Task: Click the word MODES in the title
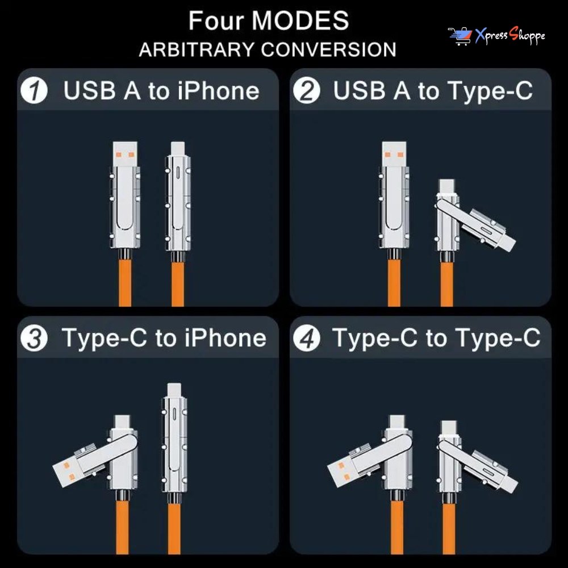pos(300,20)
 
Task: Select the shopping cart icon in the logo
pos(460,36)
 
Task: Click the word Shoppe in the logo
pos(527,35)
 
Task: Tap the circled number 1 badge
pos(34,90)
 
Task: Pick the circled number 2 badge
pos(307,90)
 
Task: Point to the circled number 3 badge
pos(34,339)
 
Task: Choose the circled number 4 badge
pos(307,339)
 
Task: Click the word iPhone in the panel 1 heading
pos(219,90)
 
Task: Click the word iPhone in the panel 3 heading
pos(225,339)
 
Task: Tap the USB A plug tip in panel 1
pos(125,154)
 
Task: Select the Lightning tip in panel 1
pos(177,148)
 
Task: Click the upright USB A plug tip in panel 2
pos(394,154)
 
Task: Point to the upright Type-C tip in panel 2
pos(446,186)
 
